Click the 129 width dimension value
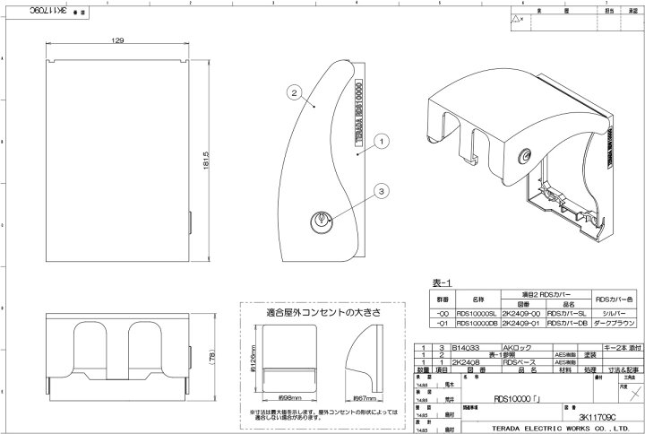tap(118, 42)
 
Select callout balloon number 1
tap(380, 141)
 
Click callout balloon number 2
tap(293, 91)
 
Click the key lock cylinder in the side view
tap(322, 218)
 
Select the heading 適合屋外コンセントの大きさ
tap(311, 313)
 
